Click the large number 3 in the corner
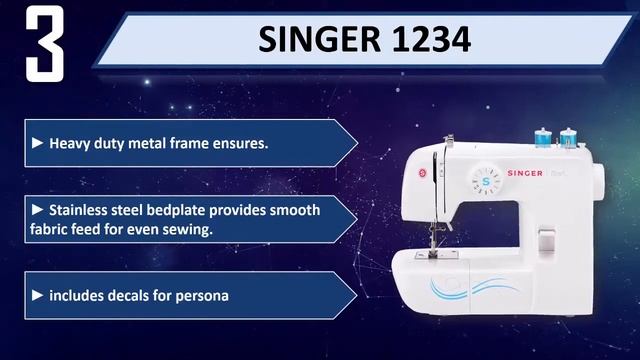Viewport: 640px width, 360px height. point(45,44)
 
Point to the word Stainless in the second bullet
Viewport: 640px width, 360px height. point(80,210)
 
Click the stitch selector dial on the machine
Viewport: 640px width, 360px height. point(487,180)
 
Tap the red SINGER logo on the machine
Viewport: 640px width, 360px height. point(524,174)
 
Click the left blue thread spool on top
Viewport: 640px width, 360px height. point(544,133)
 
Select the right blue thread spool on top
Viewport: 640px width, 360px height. point(570,133)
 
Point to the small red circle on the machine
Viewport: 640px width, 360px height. point(422,174)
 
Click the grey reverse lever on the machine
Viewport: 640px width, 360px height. point(545,238)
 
